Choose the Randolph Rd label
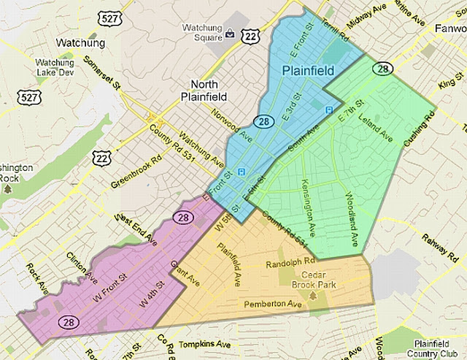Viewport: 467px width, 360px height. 290,261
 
